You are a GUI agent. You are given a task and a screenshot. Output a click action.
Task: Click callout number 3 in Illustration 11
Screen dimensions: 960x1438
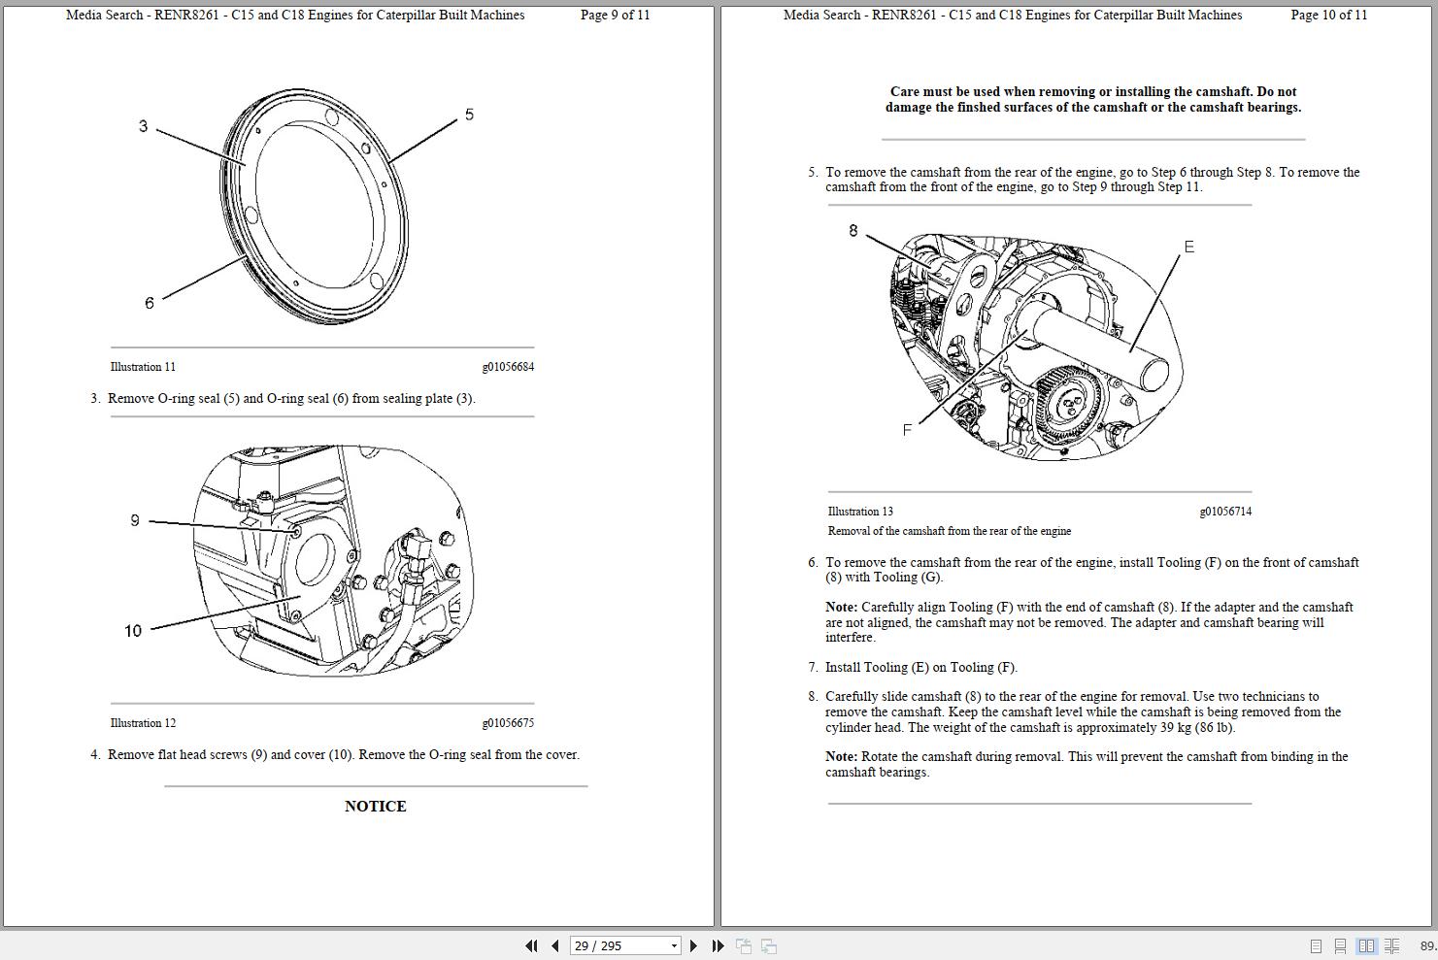point(143,126)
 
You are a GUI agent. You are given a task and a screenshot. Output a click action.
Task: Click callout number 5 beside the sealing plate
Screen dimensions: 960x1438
point(469,115)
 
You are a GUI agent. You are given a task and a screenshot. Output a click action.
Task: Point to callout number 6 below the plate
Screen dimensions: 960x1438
point(149,303)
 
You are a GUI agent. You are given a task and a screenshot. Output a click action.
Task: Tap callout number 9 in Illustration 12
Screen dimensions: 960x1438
point(135,520)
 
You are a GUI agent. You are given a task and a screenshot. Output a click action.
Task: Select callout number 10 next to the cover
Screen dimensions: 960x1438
point(133,631)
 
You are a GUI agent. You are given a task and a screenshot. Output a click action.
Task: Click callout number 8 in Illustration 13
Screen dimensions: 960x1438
point(853,231)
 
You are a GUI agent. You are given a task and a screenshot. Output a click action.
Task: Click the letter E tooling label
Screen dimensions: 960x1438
point(1188,247)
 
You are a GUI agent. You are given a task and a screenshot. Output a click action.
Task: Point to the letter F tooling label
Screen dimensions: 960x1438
point(907,430)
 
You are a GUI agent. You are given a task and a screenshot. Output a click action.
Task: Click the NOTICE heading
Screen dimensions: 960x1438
point(375,806)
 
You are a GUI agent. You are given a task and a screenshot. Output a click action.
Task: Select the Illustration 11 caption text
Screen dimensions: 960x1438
point(143,367)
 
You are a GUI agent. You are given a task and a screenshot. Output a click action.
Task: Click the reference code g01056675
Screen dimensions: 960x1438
point(508,723)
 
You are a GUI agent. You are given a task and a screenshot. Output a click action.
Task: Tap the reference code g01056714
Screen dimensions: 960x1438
point(1225,512)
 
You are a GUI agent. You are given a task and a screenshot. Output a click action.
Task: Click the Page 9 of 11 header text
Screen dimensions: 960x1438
point(615,15)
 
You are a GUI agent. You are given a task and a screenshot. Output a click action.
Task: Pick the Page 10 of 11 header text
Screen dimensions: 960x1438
point(1328,15)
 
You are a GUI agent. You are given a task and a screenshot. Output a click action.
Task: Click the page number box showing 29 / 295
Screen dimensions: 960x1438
point(617,945)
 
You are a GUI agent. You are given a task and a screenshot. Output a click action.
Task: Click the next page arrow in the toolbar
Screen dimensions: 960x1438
point(693,945)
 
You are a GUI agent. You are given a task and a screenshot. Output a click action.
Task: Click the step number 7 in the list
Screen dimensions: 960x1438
point(813,668)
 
